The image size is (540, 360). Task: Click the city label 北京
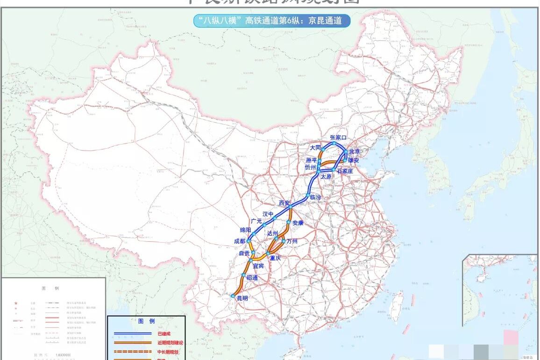355,151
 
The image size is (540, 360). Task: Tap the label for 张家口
339,137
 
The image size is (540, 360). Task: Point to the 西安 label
284,203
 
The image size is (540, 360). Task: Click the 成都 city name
240,241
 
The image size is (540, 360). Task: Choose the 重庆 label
276,258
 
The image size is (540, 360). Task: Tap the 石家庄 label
346,171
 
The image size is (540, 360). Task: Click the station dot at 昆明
233,295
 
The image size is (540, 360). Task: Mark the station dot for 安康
290,222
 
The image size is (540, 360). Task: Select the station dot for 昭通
244,275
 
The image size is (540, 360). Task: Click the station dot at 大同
323,149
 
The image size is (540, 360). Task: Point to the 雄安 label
354,160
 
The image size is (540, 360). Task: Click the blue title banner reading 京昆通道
272,21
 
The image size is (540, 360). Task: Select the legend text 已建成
164,333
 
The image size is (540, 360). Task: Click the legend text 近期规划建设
171,343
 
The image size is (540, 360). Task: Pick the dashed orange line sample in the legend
133,352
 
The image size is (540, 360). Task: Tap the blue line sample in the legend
133,333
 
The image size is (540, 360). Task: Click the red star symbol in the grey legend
16,303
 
